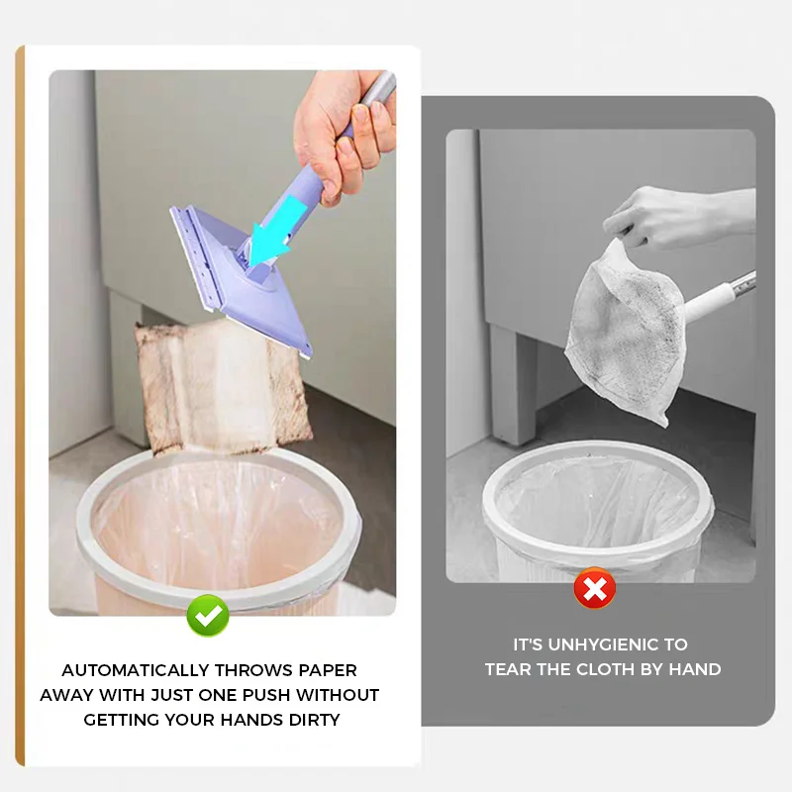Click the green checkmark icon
pos(208,615)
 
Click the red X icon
pos(594,590)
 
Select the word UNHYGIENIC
pos(601,644)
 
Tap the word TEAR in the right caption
pos(507,669)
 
